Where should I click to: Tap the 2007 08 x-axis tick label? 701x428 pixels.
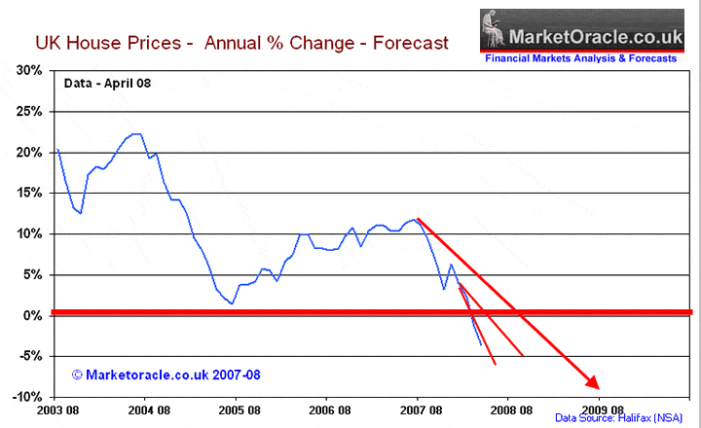tap(418, 410)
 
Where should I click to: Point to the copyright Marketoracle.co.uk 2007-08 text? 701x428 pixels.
tap(166, 374)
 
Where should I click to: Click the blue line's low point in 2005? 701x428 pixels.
tap(231, 303)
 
